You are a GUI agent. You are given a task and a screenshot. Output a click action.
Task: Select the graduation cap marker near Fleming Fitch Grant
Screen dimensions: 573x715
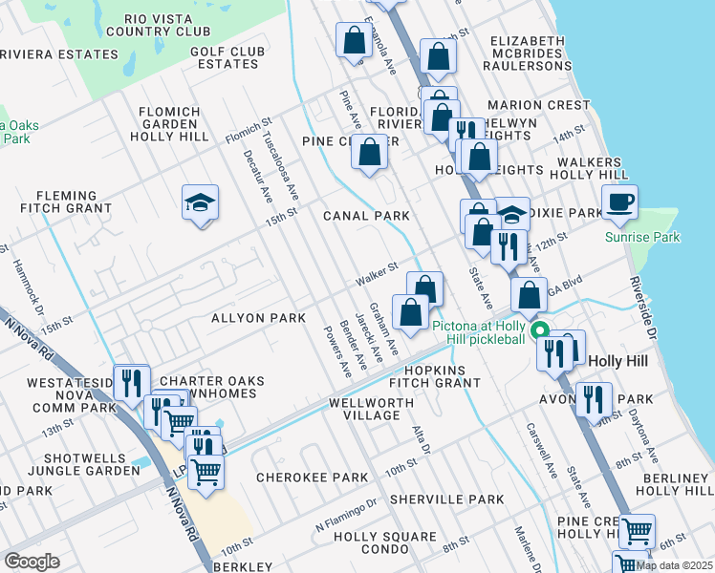[x=201, y=202]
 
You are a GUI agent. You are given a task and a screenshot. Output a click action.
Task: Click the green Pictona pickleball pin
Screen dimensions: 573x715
[x=539, y=331]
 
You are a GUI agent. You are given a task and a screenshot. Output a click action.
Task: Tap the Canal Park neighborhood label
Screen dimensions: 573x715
[x=366, y=216]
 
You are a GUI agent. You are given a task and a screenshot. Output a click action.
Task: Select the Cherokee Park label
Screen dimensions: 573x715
[x=312, y=477]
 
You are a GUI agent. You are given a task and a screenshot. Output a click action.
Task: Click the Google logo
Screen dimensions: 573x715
[x=32, y=561]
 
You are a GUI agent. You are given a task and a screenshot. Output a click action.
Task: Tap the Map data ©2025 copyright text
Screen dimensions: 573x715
[x=674, y=565]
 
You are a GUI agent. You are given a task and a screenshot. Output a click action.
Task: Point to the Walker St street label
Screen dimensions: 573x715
[x=377, y=276]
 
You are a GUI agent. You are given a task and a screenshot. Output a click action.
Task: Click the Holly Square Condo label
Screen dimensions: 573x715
[x=385, y=543]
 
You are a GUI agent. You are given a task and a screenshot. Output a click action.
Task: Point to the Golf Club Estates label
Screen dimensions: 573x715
[x=227, y=57]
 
